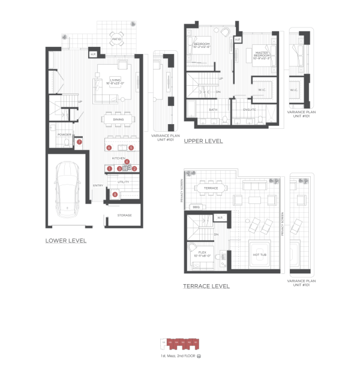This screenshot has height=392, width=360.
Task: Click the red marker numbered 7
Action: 79,142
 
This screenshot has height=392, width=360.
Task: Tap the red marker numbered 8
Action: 115,194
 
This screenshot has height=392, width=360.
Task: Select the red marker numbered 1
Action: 110,169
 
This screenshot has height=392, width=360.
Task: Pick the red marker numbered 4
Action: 127,162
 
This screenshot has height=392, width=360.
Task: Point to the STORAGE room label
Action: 124,215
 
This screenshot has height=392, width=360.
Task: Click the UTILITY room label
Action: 124,182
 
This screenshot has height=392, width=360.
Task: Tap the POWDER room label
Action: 64,135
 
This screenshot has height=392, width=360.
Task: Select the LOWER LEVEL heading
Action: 66,240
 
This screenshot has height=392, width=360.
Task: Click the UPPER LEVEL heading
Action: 203,141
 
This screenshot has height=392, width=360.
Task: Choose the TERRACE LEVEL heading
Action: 206,286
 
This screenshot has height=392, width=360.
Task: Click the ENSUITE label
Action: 250,110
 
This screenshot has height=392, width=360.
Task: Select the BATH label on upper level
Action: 212,110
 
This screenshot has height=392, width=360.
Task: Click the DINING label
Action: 118,119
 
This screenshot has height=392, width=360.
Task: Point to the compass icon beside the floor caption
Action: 199,357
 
